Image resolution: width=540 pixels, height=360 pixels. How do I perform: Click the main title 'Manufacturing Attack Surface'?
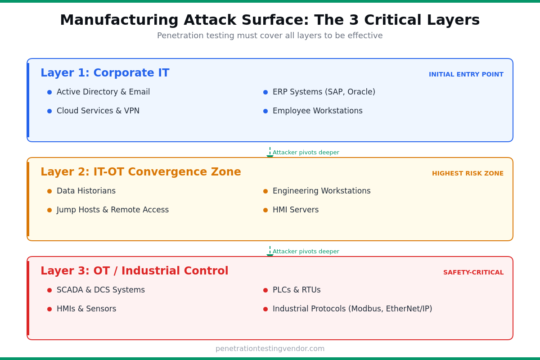point(270,20)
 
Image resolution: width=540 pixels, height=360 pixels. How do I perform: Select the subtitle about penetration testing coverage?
point(270,36)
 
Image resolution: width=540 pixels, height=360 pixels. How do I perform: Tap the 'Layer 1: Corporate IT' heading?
point(105,73)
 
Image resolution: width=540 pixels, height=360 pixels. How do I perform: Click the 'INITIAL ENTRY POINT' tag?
point(466,75)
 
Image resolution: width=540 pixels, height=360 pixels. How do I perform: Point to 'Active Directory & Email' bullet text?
point(103,92)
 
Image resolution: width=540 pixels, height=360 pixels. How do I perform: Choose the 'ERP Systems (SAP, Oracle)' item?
point(324,92)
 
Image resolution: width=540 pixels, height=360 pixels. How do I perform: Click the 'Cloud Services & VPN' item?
point(98,111)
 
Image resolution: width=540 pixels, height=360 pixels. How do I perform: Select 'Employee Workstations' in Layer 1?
point(317,111)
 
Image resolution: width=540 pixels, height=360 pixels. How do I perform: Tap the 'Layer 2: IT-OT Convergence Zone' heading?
point(140,172)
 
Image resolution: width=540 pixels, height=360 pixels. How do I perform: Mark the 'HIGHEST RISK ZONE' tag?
point(468,174)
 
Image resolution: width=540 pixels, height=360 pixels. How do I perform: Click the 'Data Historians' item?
point(86,191)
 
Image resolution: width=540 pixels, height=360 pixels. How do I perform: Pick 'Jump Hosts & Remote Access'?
point(112,210)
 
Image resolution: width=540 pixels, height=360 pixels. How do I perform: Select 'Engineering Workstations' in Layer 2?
point(321,191)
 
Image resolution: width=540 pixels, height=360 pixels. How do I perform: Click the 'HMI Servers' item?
point(295,210)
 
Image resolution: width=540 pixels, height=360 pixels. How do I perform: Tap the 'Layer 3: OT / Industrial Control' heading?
point(134,271)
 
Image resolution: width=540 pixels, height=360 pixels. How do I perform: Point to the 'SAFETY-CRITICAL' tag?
point(473,273)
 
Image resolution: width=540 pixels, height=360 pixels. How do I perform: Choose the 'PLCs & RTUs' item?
point(297,290)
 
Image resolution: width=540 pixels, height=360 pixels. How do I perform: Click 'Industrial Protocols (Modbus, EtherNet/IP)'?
point(352,309)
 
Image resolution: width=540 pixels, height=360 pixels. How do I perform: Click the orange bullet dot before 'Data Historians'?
point(49,191)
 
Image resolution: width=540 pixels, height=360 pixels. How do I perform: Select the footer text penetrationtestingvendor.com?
point(270,349)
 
